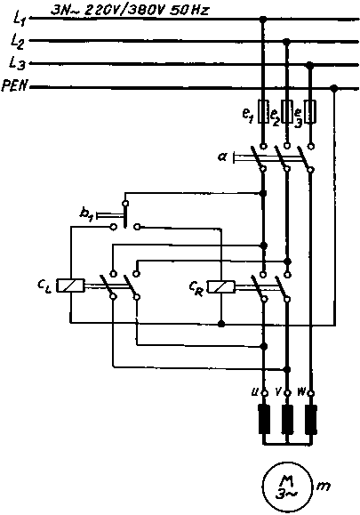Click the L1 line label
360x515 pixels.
[x=19, y=18]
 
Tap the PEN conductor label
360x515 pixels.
[x=14, y=86]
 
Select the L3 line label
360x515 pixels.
[x=18, y=63]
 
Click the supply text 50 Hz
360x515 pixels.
[x=189, y=11]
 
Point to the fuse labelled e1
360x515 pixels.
[x=263, y=112]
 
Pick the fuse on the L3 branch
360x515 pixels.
[x=310, y=112]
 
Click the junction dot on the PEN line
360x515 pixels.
[x=334, y=88]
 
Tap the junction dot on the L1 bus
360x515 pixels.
[x=262, y=20]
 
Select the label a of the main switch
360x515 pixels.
[x=222, y=157]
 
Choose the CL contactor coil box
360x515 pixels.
[x=70, y=286]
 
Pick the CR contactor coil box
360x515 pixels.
[x=221, y=286]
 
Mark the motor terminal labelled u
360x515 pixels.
[x=263, y=392]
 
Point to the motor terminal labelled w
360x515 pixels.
[x=311, y=392]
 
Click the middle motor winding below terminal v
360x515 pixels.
[x=287, y=420]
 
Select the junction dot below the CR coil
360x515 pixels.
[x=221, y=324]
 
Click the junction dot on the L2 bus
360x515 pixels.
[x=286, y=42]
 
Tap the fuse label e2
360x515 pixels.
[x=275, y=116]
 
